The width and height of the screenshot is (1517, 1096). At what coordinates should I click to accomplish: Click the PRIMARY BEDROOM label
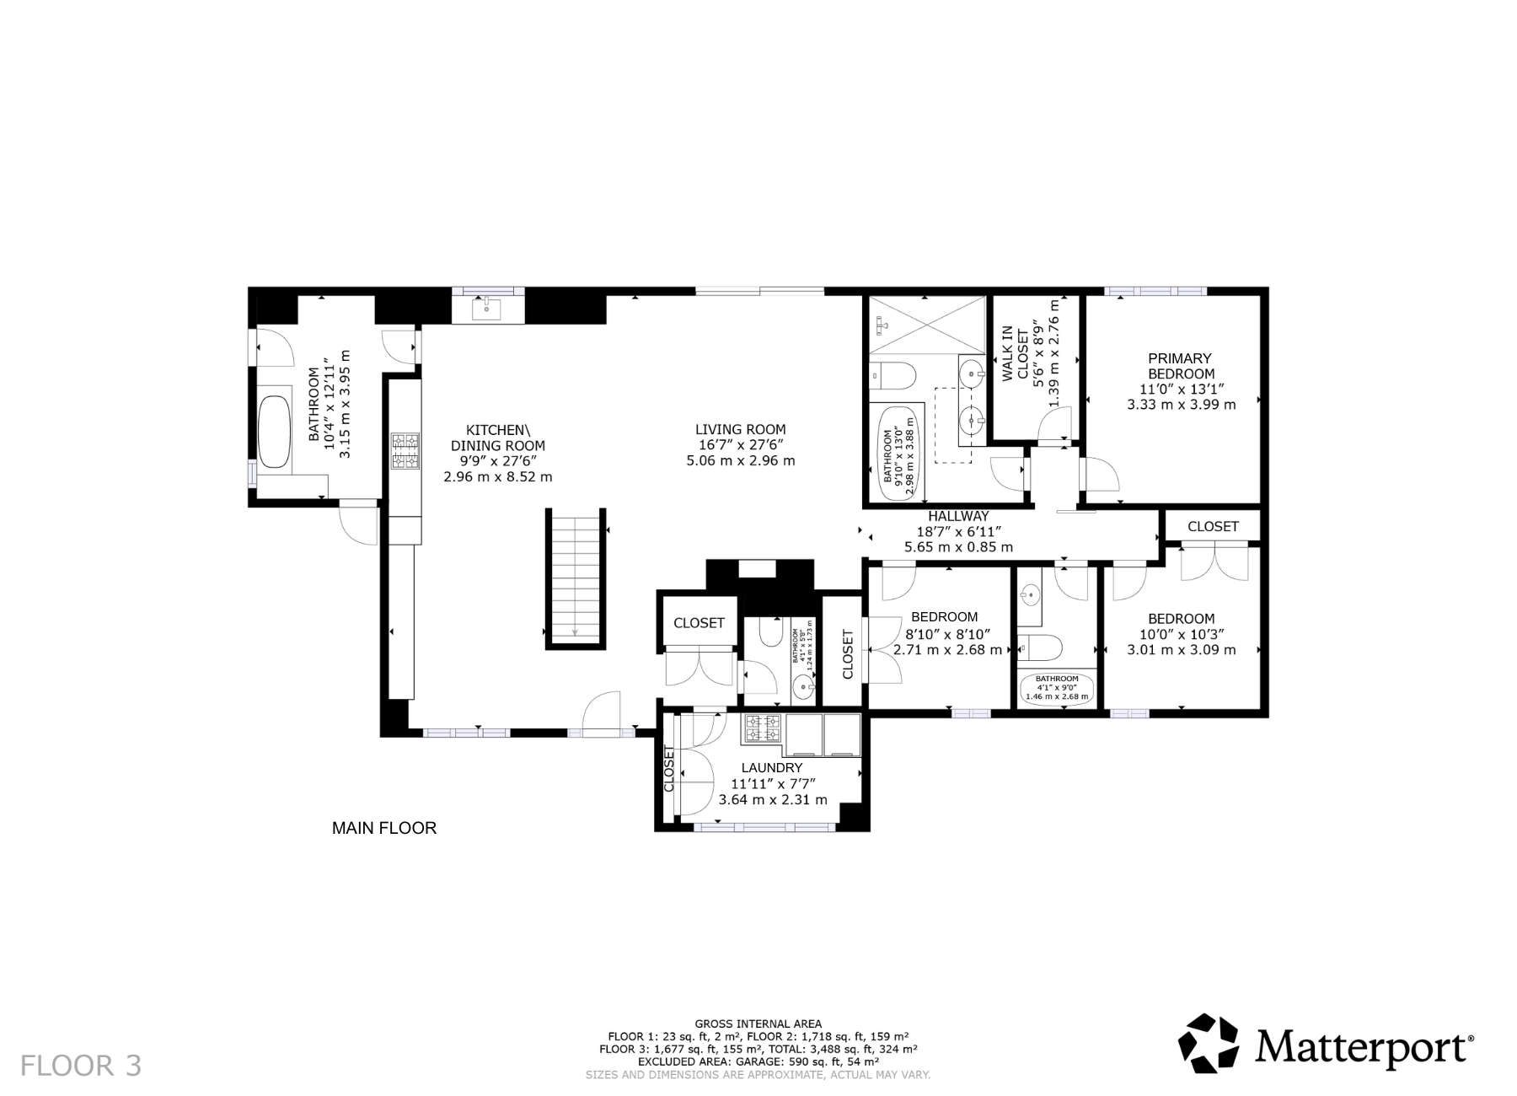click(x=1181, y=366)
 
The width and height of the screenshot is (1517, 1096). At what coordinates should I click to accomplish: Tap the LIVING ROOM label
click(x=740, y=429)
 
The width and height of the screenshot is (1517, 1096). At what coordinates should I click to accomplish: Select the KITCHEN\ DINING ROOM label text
click(x=497, y=438)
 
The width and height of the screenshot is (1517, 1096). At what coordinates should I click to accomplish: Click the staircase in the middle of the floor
click(x=576, y=578)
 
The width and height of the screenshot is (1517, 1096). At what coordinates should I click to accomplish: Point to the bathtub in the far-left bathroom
click(x=274, y=432)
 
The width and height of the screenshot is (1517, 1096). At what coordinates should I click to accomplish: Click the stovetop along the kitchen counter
click(x=405, y=451)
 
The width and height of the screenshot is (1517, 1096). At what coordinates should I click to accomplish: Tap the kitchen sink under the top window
click(x=488, y=309)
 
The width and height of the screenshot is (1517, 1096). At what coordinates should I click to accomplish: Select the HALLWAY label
click(x=958, y=516)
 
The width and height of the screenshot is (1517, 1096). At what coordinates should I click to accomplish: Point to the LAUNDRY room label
click(x=771, y=768)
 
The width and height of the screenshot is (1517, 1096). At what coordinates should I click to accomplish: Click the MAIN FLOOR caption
click(x=384, y=828)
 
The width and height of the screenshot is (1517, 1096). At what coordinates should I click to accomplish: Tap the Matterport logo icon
click(x=1209, y=1043)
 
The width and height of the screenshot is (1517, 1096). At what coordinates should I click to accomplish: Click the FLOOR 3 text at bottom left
click(x=81, y=1066)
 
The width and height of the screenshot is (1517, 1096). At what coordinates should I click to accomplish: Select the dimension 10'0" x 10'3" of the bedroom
click(x=1181, y=634)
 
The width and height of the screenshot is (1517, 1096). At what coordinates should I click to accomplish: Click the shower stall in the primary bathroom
click(x=926, y=325)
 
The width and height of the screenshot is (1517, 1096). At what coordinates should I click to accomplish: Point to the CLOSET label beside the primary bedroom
click(x=1212, y=526)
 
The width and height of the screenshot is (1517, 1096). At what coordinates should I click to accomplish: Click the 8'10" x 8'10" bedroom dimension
click(x=947, y=634)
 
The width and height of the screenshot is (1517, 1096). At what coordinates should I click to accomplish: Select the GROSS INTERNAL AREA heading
click(x=758, y=1023)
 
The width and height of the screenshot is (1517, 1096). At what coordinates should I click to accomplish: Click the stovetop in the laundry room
click(x=762, y=729)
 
